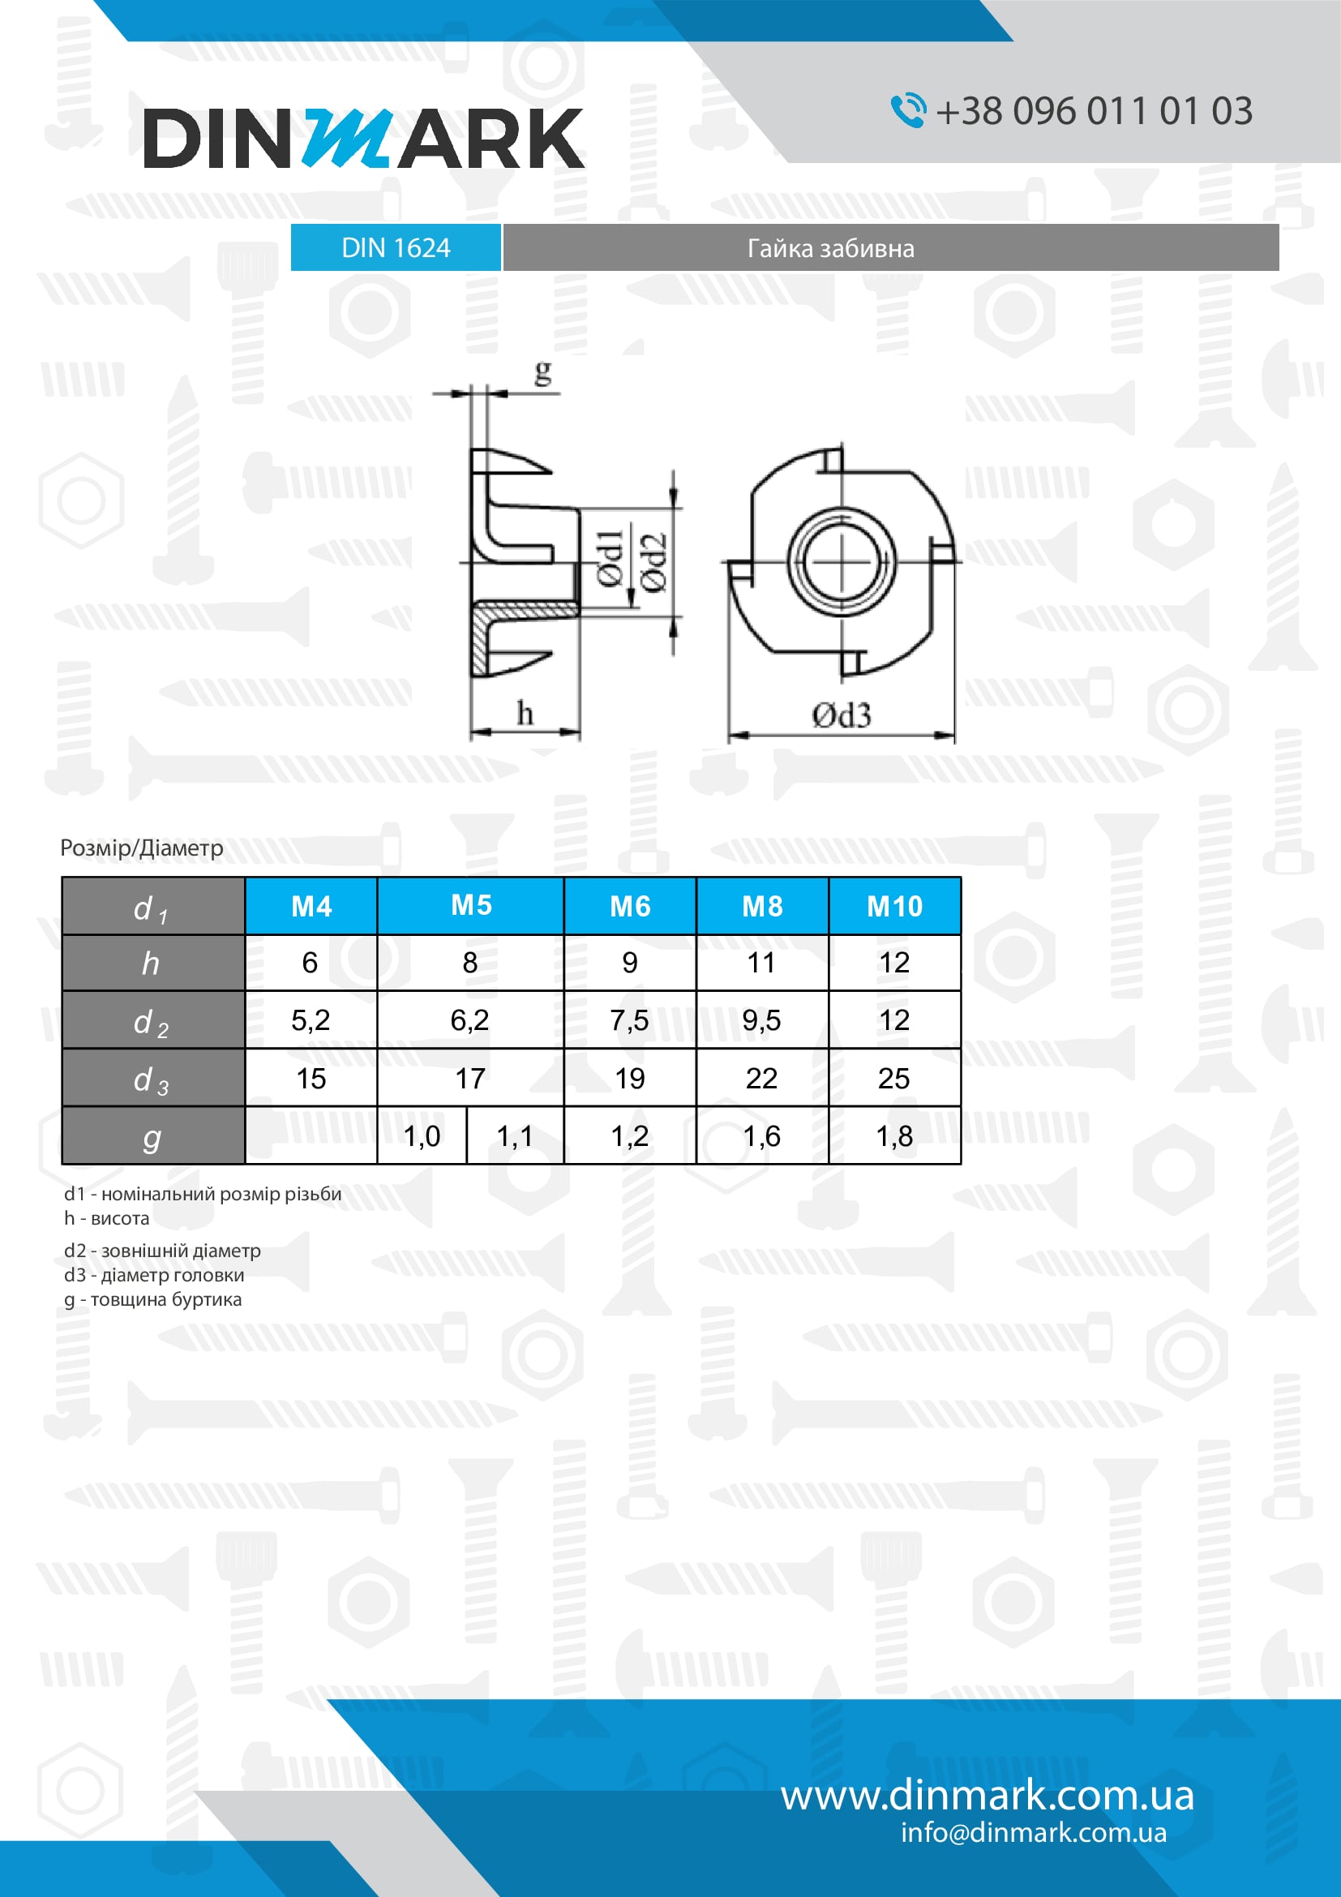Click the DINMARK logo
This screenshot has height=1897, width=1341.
pyautogui.click(x=363, y=138)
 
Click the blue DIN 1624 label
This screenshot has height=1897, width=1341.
pyautogui.click(x=396, y=248)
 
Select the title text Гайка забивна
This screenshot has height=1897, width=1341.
pyautogui.click(x=830, y=249)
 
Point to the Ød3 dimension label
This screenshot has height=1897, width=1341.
pyautogui.click(x=841, y=715)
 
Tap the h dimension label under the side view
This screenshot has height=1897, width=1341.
pyautogui.click(x=525, y=713)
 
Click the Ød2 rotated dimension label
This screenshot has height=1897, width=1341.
pyautogui.click(x=654, y=563)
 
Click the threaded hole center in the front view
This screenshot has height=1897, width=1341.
pyautogui.click(x=842, y=563)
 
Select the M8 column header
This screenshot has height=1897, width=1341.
pyautogui.click(x=761, y=907)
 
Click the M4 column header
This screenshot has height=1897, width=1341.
pyautogui.click(x=311, y=907)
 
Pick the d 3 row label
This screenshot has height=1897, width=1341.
pyautogui.click(x=152, y=1079)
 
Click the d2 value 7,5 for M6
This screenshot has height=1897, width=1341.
pyautogui.click(x=629, y=1020)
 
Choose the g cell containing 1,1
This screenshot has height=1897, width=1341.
pyautogui.click(x=515, y=1136)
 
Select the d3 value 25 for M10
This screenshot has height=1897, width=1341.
pyautogui.click(x=893, y=1078)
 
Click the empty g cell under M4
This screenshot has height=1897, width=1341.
pyautogui.click(x=311, y=1136)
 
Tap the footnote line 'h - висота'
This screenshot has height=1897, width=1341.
pyautogui.click(x=107, y=1218)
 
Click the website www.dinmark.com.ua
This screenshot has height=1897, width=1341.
pyautogui.click(x=987, y=1796)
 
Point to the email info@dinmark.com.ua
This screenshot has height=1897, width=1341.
pyautogui.click(x=1033, y=1833)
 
